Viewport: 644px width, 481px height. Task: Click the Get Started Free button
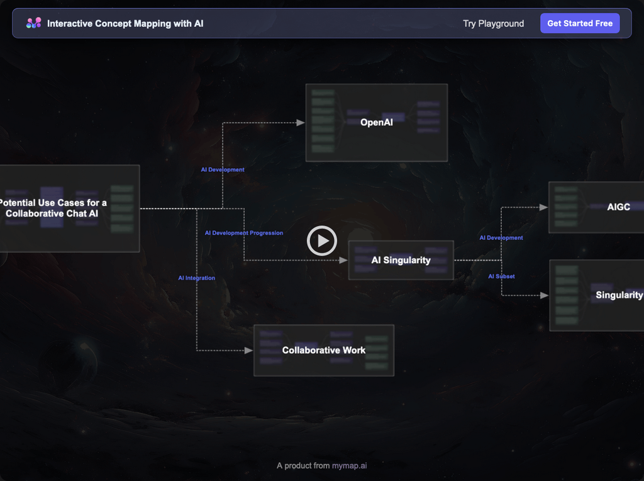pyautogui.click(x=580, y=23)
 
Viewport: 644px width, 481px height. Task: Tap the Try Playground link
pyautogui.click(x=493, y=23)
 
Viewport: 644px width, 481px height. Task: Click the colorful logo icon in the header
pyautogui.click(x=33, y=23)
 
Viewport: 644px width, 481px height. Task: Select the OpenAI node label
pyautogui.click(x=376, y=122)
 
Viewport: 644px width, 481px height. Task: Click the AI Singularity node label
pyautogui.click(x=401, y=260)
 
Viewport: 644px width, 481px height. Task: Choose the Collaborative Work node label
pyautogui.click(x=323, y=350)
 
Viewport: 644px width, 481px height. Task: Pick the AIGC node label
pyautogui.click(x=618, y=207)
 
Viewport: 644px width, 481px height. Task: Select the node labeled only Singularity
pyautogui.click(x=619, y=295)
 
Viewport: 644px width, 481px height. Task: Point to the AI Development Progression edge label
pyautogui.click(x=244, y=233)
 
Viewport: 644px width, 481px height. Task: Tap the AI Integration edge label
pyautogui.click(x=196, y=278)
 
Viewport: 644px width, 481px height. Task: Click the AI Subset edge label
pyautogui.click(x=501, y=276)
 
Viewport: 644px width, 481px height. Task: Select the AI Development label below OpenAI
pyautogui.click(x=223, y=169)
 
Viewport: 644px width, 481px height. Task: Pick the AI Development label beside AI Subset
pyautogui.click(x=501, y=238)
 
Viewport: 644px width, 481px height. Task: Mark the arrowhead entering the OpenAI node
pyautogui.click(x=301, y=123)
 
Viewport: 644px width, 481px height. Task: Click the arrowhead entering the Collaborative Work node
pyautogui.click(x=249, y=350)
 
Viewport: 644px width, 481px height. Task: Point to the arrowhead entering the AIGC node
pyautogui.click(x=544, y=207)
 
